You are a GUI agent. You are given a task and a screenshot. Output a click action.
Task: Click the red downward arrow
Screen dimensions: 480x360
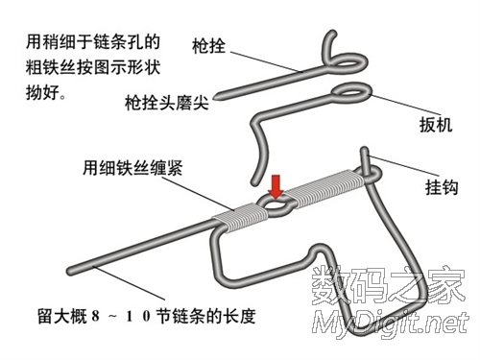pos(276,184)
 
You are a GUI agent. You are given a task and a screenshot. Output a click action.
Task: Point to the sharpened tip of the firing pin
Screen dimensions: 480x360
pos(218,97)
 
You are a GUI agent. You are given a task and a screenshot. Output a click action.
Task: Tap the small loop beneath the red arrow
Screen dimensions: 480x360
pos(276,205)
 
